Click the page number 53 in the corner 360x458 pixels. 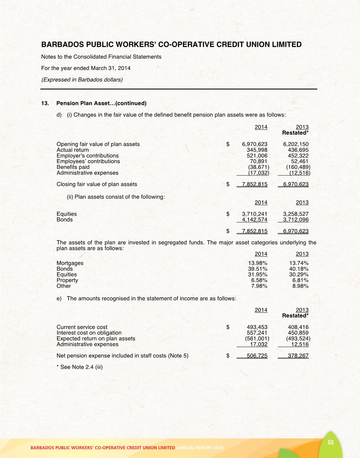pos(330,442)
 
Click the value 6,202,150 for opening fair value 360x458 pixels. pos(296,144)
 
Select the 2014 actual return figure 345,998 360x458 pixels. pos(257,150)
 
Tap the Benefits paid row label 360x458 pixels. pos(73,167)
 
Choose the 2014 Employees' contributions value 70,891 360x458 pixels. pos(259,161)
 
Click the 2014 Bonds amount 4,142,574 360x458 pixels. pos(254,220)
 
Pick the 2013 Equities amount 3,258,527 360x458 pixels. pos(296,214)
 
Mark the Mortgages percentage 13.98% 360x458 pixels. pos(258,263)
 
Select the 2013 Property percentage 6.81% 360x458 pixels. pos(300,280)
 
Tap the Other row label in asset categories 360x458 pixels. pos(64,286)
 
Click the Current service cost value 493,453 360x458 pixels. pos(257,327)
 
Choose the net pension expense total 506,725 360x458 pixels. pos(257,356)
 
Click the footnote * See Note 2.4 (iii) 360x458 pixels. pos(79,367)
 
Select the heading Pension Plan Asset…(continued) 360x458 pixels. pos(101,103)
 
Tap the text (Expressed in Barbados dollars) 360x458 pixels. pos(82,79)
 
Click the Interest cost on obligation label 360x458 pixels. pos(89,333)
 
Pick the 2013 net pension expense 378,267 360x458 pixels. pos(298,356)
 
